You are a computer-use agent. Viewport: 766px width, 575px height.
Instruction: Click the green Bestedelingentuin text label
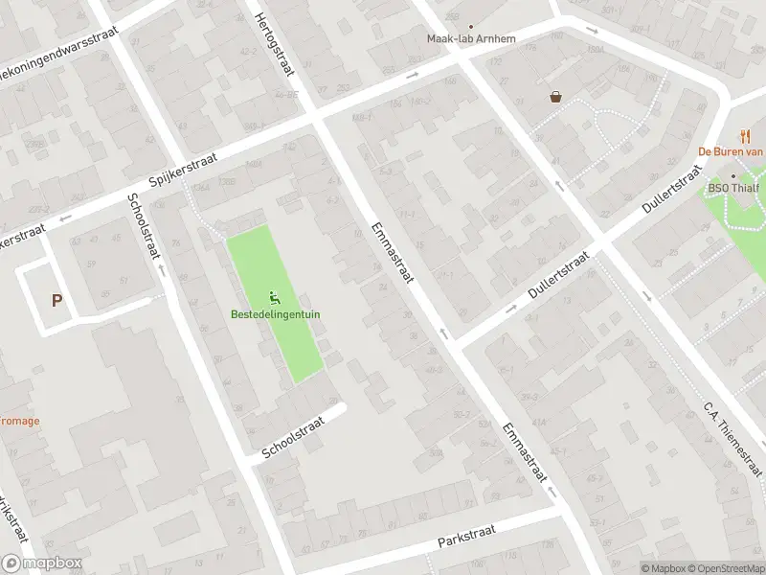(275, 313)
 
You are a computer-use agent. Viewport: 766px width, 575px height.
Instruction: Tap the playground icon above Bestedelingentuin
(276, 297)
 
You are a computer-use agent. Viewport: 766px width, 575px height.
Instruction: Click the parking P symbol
(56, 300)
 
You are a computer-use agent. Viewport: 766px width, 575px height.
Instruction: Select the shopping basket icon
(555, 96)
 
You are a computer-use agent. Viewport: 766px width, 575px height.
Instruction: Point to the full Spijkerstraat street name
(183, 169)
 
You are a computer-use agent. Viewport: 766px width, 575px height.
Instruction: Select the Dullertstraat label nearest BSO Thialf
(674, 191)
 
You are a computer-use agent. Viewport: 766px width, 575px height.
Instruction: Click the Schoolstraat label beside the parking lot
(141, 226)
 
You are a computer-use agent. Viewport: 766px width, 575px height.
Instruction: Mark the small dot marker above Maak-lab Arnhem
(470, 27)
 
